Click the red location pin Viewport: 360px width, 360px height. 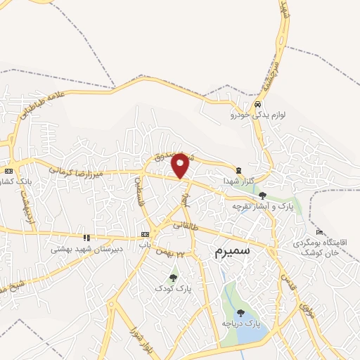pyautogui.click(x=181, y=165)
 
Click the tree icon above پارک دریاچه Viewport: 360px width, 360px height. pyautogui.click(x=240, y=313)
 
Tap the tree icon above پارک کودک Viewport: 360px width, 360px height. pyautogui.click(x=173, y=276)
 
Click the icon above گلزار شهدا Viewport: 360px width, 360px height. pyautogui.click(x=238, y=169)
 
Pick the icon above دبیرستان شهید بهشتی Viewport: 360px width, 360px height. pyautogui.click(x=86, y=238)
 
